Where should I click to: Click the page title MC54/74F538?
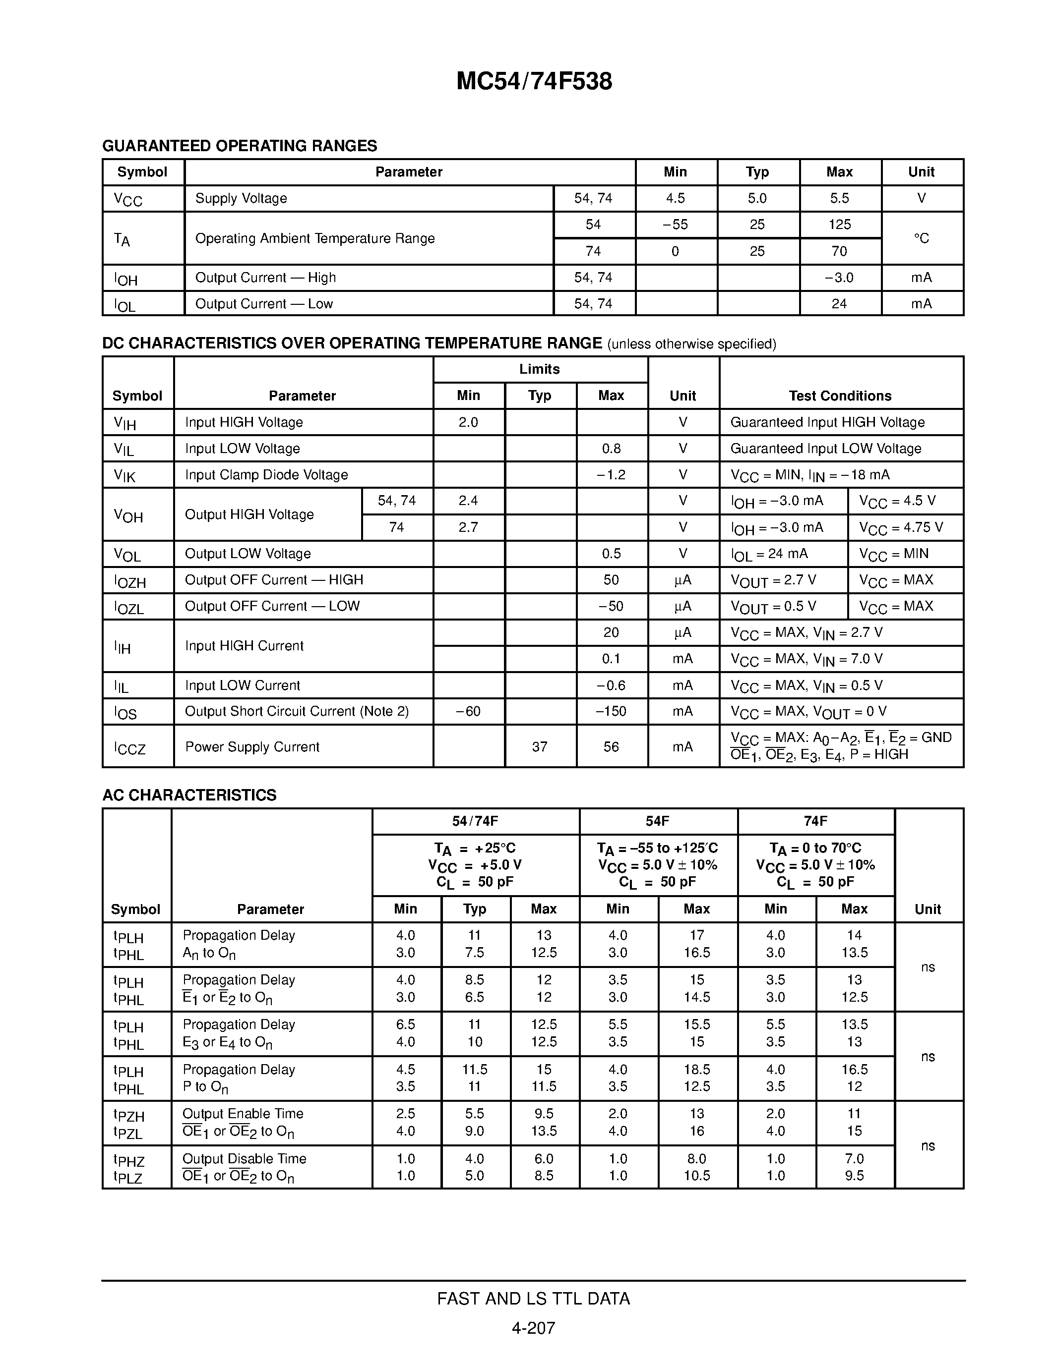[534, 82]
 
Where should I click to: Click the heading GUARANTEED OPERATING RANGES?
[239, 146]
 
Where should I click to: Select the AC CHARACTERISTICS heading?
[189, 795]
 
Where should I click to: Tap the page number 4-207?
[533, 1328]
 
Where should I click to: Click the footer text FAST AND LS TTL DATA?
[533, 1299]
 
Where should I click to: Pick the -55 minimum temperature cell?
[675, 225]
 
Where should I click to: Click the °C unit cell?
[921, 238]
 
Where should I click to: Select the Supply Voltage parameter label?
[241, 198]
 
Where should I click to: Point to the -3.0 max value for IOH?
[839, 278]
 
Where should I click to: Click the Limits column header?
[540, 369]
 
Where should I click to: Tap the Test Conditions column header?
[840, 396]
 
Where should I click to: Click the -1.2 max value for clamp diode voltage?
[611, 475]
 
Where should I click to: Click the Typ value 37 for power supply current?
[540, 746]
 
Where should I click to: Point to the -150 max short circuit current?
[611, 711]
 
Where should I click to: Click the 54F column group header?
[658, 821]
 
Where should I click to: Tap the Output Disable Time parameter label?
[244, 1159]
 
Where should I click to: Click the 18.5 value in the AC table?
[696, 1070]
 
